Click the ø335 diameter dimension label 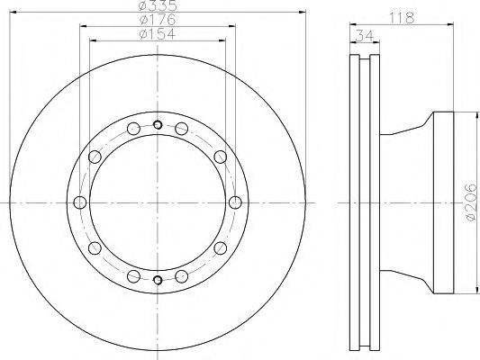(158, 4)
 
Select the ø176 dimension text (158, 20)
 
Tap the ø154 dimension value (158, 33)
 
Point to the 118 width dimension (402, 18)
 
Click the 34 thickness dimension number (365, 36)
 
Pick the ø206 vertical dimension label (471, 202)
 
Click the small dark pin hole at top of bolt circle (158, 125)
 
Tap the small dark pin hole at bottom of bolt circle (158, 280)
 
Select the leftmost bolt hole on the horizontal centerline (80, 202)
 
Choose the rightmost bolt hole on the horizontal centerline (235, 202)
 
